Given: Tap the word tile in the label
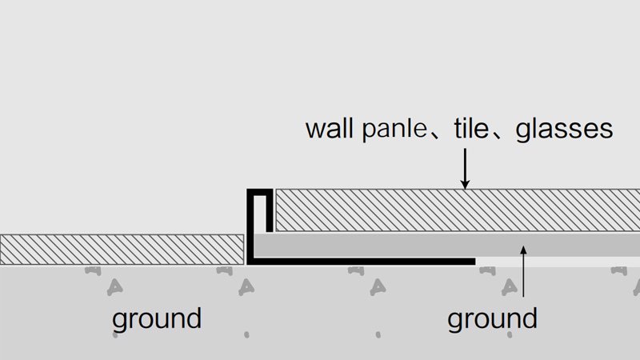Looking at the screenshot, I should tap(470, 129).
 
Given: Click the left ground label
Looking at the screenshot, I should tap(156, 319).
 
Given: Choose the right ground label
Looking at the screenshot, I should tap(492, 319).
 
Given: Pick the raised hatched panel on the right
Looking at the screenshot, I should tap(456, 211).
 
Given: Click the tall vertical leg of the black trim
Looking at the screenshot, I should tap(250, 228).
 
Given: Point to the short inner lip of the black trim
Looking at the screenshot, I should tap(270, 211).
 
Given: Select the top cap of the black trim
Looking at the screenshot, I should tap(260, 193).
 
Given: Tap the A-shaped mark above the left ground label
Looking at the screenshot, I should tap(115, 285).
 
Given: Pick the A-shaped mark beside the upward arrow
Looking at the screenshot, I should tap(508, 285).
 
